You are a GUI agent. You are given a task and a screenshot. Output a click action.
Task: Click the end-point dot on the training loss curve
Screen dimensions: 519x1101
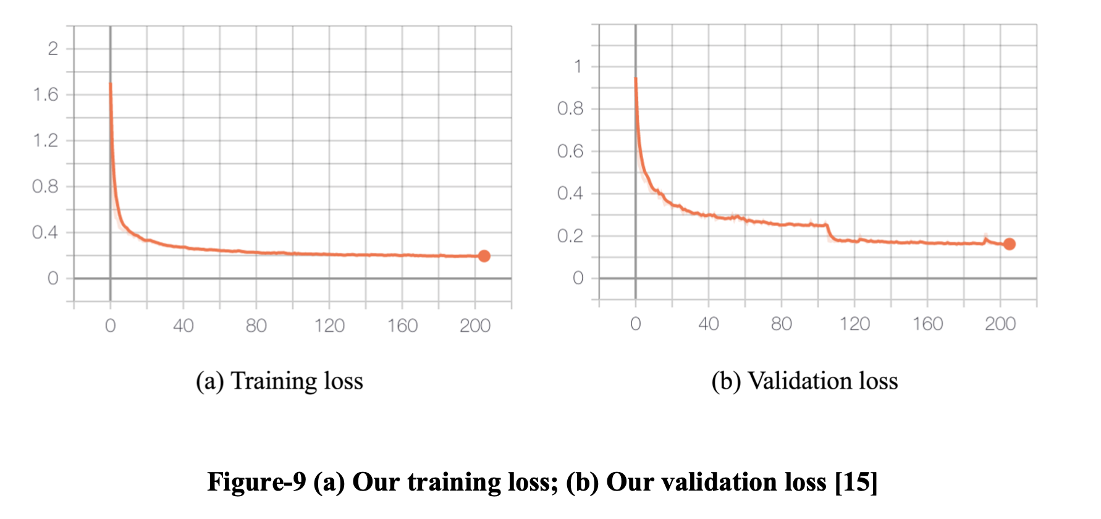tap(484, 256)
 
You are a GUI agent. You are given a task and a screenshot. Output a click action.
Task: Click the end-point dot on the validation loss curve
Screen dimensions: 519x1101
tap(1009, 244)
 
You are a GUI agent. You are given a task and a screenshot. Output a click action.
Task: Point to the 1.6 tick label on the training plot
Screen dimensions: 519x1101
tap(45, 95)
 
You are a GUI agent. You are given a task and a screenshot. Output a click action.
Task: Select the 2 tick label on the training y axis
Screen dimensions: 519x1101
tap(53, 49)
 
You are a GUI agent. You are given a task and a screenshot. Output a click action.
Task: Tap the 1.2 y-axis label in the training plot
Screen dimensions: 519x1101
tap(45, 140)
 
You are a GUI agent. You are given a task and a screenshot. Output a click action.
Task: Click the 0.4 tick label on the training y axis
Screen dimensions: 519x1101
tap(45, 232)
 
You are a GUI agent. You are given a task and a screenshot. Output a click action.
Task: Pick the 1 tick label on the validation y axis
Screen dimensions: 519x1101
tap(578, 66)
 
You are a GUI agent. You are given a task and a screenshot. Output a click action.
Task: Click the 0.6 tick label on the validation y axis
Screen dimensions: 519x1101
tap(570, 151)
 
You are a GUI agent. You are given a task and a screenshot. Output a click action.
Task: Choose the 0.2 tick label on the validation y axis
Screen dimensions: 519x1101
tap(570, 235)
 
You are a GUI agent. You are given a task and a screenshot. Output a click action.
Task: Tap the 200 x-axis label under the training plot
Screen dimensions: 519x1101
tap(475, 326)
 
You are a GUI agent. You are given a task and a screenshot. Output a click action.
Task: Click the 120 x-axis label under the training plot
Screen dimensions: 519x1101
tap(329, 326)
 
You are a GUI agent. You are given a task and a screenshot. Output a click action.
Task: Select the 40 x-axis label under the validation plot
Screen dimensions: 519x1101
tap(708, 324)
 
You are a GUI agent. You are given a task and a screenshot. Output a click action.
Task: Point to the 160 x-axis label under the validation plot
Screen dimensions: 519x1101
tap(927, 324)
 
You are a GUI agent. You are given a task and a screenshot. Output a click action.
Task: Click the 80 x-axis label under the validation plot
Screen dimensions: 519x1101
tap(781, 324)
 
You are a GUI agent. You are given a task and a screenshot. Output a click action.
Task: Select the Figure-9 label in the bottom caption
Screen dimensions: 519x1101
tap(256, 482)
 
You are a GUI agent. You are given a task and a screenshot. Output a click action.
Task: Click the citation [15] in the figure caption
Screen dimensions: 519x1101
tap(856, 482)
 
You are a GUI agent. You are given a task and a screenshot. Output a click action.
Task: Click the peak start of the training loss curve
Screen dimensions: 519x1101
tap(111, 84)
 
